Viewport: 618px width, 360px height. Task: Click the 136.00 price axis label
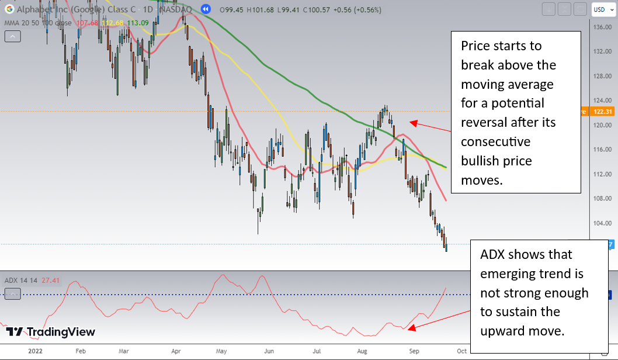(x=602, y=27)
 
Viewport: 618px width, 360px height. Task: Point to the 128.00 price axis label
(x=602, y=76)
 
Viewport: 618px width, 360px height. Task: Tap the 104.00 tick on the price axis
(x=602, y=223)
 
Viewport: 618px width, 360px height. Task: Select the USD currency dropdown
(x=601, y=9)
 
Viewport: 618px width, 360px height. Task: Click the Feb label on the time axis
(x=81, y=352)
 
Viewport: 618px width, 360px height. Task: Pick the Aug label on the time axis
(x=363, y=352)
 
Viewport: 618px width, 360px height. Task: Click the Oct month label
(x=461, y=352)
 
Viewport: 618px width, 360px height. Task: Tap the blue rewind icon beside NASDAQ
(x=206, y=9)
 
